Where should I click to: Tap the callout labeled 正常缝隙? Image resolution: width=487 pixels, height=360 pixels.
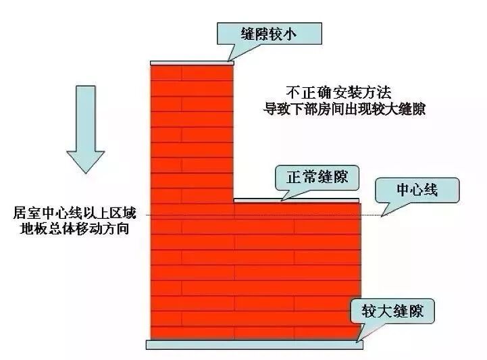coord(317,177)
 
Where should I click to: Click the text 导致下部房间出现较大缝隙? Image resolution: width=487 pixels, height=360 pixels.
coord(344,108)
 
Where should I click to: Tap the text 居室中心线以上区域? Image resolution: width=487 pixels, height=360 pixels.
coord(74,213)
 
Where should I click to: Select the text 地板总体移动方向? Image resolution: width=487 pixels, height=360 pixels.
coord(74,229)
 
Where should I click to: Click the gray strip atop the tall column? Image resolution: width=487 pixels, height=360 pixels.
coord(192,62)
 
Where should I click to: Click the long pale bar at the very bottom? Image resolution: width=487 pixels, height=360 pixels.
coord(255,345)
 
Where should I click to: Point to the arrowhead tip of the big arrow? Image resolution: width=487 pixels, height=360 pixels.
coord(84,172)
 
